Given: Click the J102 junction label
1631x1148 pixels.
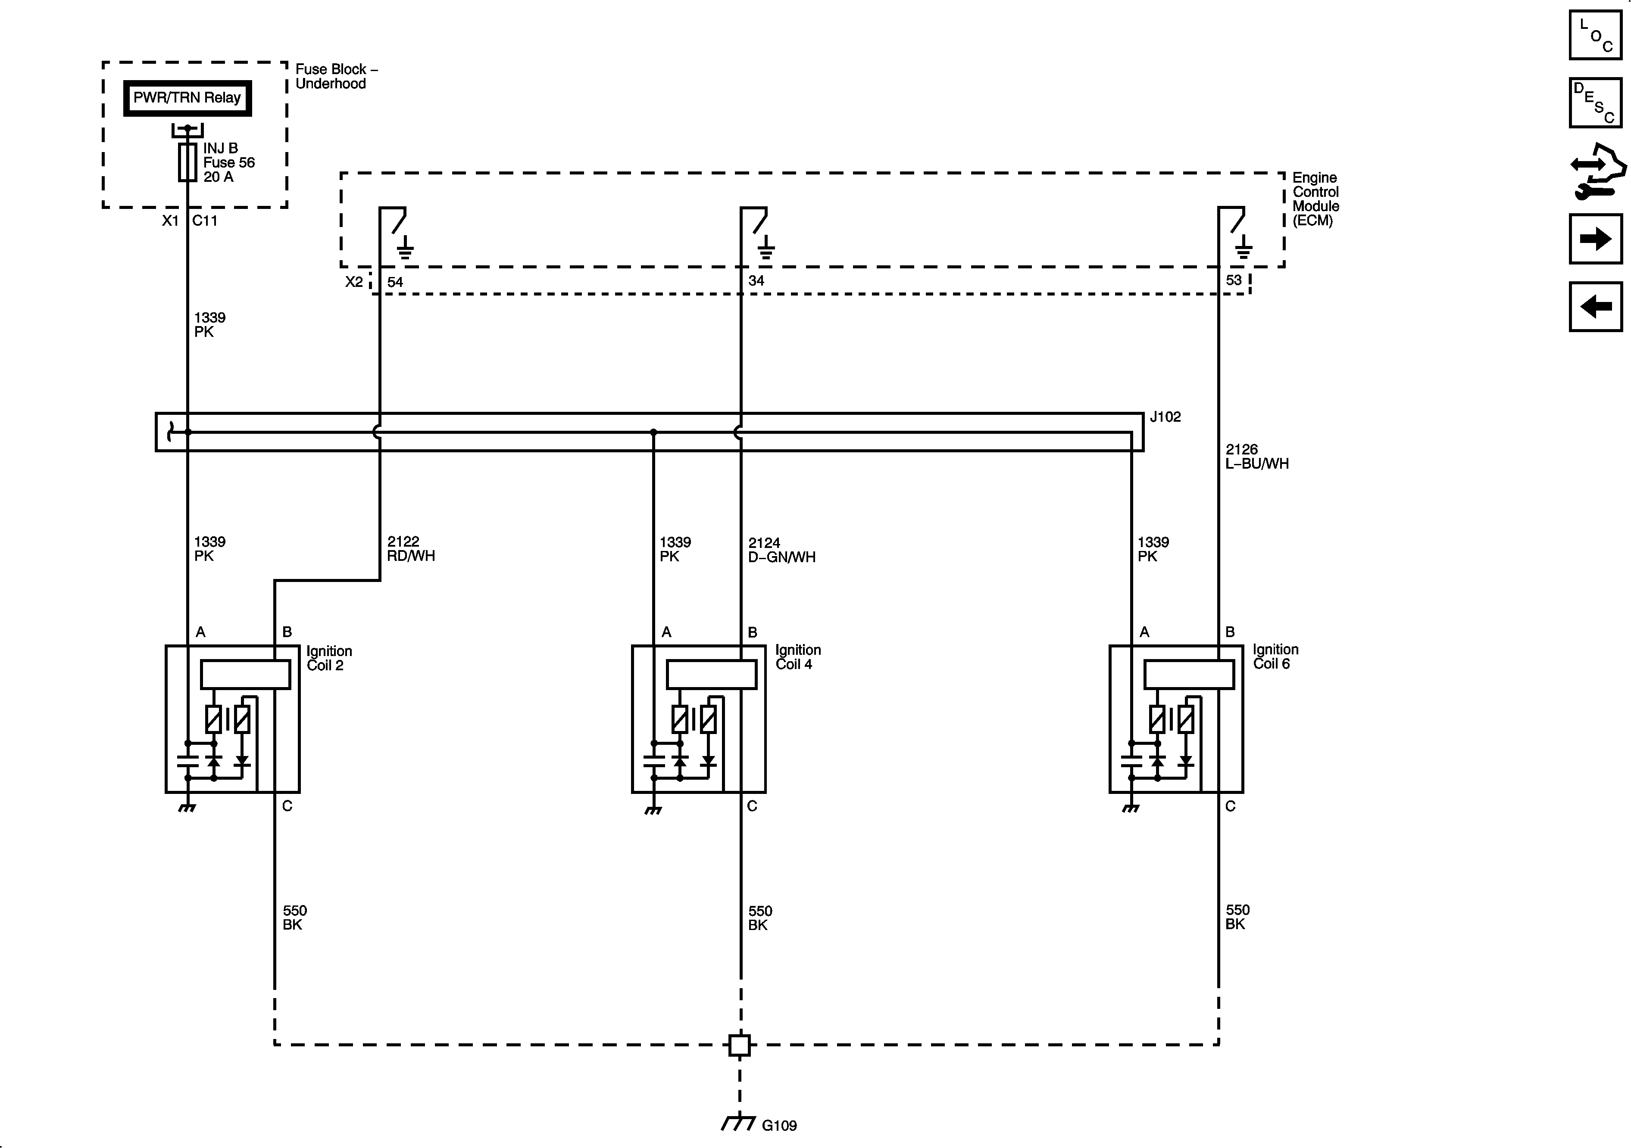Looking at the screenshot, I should coord(1165,417).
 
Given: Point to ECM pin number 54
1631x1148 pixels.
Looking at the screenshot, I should coord(395,282).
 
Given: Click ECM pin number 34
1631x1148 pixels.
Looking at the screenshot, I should coord(756,280).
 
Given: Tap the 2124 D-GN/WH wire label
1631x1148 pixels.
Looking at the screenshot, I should coord(781,550).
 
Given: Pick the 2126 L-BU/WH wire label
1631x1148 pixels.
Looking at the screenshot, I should coord(1256,457).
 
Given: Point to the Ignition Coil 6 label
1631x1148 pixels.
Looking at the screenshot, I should coord(1275,657).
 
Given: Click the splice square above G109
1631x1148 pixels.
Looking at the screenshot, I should coord(740,1045).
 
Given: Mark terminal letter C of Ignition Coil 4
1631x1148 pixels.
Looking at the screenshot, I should coord(752,806).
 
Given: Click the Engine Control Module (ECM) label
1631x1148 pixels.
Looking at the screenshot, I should coord(1315,199).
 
